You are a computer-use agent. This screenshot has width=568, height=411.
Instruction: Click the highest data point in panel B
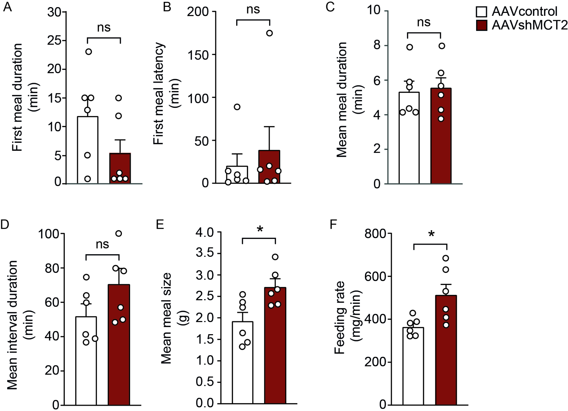[x=269, y=33]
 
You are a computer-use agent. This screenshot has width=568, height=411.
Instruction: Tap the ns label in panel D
[x=102, y=244]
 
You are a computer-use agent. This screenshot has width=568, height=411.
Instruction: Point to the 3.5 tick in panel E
[x=205, y=253]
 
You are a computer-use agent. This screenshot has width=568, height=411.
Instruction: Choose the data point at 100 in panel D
[x=119, y=233]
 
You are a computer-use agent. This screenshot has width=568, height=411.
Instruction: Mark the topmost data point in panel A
[x=89, y=52]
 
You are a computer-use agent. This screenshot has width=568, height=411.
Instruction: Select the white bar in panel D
[x=86, y=362]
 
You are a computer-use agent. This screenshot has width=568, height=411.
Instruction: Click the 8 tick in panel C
[x=377, y=45]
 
